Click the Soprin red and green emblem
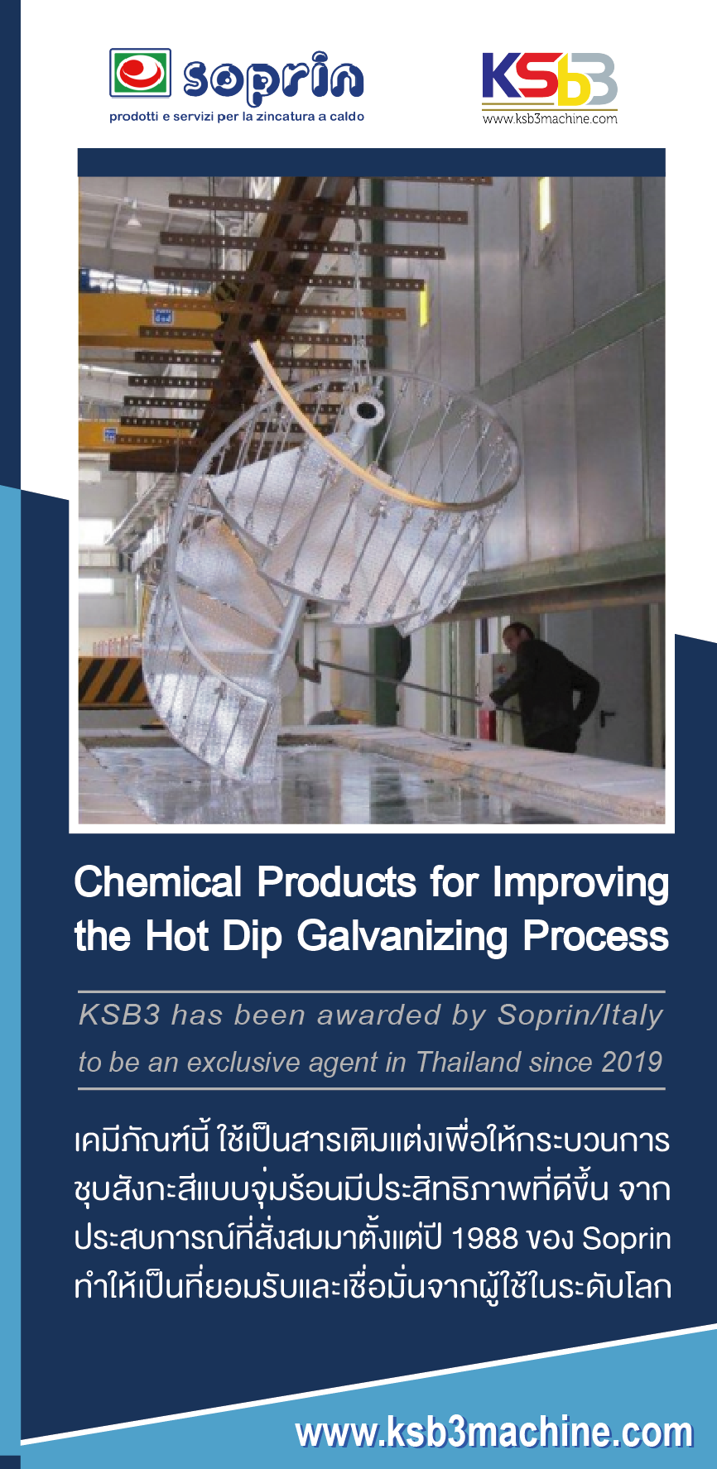tap(141, 73)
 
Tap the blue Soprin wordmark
tap(273, 79)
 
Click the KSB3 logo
tap(550, 79)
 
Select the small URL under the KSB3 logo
tap(550, 118)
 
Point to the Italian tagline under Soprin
tap(237, 117)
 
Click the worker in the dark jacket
tap(546, 685)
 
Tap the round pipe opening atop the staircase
tap(366, 409)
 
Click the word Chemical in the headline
tap(158, 882)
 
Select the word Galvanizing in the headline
tap(402, 937)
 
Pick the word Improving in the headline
tap(581, 884)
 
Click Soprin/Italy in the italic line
tap(580, 1015)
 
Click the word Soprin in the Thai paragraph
tap(627, 1239)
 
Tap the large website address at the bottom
tap(494, 1433)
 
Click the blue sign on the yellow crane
tap(161, 316)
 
